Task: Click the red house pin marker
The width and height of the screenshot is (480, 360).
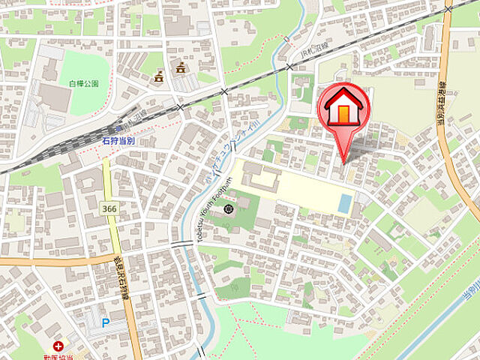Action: coord(345,109)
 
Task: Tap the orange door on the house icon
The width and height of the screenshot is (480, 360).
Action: coord(344,113)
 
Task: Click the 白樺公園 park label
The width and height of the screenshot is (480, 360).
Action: coord(85,83)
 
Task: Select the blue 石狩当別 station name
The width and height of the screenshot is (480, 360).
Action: coord(118,140)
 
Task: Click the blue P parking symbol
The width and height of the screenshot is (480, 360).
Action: coord(104,324)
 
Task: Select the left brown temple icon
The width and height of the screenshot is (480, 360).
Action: coord(158,76)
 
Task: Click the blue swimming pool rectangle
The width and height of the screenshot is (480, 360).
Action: coord(343,203)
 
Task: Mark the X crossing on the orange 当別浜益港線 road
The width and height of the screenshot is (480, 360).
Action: coord(448,9)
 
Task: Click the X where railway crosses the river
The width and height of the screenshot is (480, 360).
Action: coord(289,67)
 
